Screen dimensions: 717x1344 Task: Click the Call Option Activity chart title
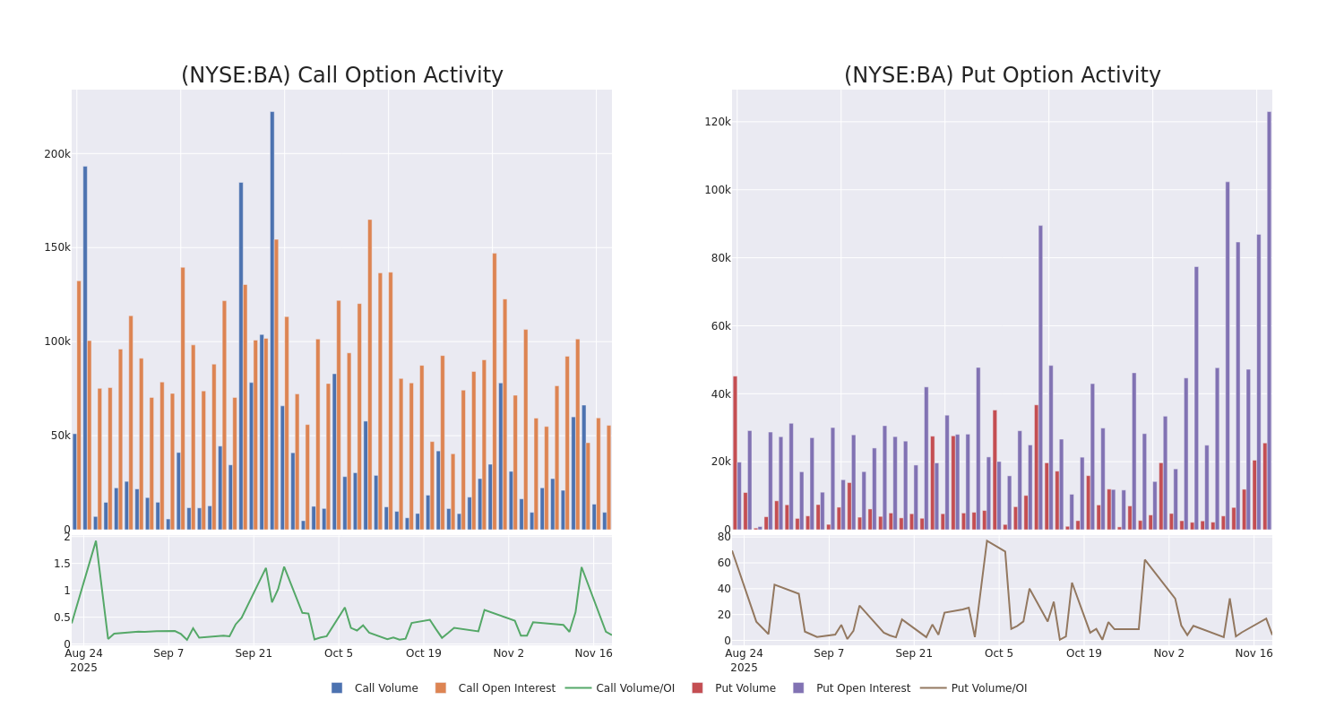tap(341, 75)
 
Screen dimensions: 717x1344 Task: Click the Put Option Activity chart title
tap(1002, 75)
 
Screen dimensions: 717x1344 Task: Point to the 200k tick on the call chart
tap(57, 154)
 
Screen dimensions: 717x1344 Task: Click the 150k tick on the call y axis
tap(57, 247)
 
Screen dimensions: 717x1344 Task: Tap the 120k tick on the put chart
tap(717, 122)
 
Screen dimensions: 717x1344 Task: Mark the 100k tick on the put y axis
tap(717, 190)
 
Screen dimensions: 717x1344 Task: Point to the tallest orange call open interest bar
tap(369, 376)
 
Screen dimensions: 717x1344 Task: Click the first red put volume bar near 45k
tap(735, 453)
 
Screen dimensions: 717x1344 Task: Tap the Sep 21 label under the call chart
tap(254, 653)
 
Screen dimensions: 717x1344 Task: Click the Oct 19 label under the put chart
tap(1084, 653)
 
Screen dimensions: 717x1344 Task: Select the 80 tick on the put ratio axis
tap(723, 537)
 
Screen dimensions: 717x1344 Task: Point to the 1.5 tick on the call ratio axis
tap(62, 564)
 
